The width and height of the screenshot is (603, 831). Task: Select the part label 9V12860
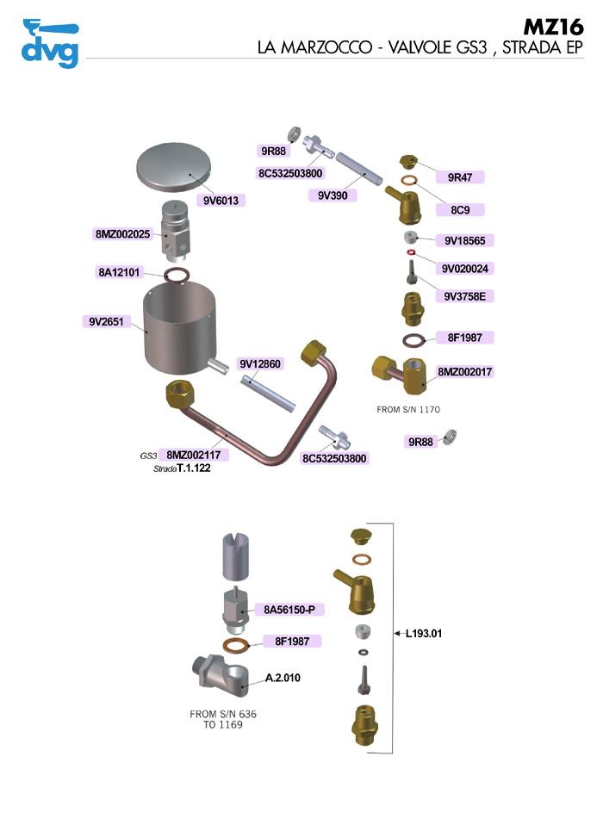(261, 364)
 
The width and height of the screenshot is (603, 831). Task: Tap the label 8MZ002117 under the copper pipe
(193, 455)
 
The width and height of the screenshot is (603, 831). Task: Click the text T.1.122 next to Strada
(194, 469)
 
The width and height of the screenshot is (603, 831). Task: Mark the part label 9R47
(460, 177)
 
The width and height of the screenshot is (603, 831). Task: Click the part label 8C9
(460, 209)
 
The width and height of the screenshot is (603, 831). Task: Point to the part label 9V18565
(464, 240)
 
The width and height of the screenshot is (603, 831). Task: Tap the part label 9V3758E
(465, 297)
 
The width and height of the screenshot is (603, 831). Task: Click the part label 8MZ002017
(465, 372)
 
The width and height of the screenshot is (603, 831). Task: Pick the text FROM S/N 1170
(409, 410)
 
